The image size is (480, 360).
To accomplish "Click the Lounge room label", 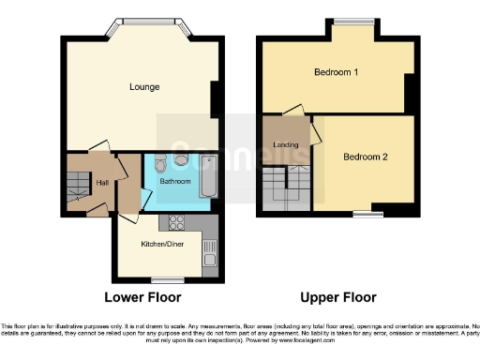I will (x=144, y=87).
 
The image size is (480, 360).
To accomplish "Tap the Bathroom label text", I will (x=175, y=179).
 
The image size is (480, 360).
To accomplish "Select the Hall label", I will (x=102, y=183).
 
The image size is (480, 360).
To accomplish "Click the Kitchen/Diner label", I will (x=160, y=243).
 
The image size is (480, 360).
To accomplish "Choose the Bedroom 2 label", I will (x=365, y=157).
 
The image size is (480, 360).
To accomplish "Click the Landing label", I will (x=285, y=144).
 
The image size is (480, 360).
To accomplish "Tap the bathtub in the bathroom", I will (x=209, y=176).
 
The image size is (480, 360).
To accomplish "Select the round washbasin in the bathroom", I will (x=180, y=159).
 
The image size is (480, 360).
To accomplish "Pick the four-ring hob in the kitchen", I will (x=174, y=222).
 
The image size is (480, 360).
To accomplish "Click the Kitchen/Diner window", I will (x=168, y=279).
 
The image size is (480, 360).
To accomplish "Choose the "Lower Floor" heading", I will (x=142, y=297).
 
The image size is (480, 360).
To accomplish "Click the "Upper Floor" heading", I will (x=338, y=297).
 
